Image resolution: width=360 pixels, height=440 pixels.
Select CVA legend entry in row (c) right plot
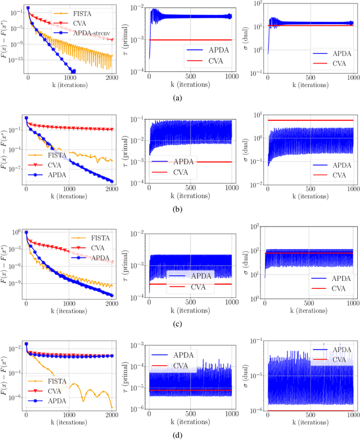tap(337, 289)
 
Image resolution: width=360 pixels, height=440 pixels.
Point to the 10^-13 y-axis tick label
tap(17, 58)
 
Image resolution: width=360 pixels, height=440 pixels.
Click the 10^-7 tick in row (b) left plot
tap(17, 168)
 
